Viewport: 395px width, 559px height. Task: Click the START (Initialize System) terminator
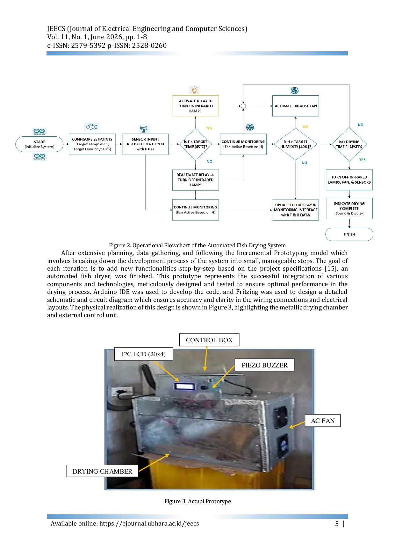click(x=39, y=144)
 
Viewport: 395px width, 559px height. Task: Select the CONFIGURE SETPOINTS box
click(x=92, y=144)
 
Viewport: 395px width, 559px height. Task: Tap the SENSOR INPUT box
click(x=145, y=144)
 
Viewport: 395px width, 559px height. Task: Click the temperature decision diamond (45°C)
click(x=196, y=144)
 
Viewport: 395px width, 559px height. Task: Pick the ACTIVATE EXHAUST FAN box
click(x=296, y=106)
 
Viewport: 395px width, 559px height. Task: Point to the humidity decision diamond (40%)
click(x=296, y=144)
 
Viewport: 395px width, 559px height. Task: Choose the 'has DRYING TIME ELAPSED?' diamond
click(x=349, y=144)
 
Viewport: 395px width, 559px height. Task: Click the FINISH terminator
click(x=349, y=234)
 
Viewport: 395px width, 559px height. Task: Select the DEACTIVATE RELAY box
click(x=196, y=180)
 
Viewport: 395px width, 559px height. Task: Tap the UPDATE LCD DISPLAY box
click(x=296, y=210)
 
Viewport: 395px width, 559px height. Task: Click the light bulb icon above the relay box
click(x=194, y=90)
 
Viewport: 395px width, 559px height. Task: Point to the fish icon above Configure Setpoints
click(x=92, y=127)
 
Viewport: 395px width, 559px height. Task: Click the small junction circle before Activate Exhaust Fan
click(x=243, y=106)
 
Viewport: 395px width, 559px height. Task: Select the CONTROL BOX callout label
click(x=209, y=340)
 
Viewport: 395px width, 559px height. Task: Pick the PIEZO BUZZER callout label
click(x=265, y=365)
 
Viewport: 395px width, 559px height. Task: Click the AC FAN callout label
click(x=323, y=421)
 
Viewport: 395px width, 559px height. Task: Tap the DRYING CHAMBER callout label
click(x=102, y=471)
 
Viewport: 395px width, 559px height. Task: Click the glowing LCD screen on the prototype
click(x=185, y=387)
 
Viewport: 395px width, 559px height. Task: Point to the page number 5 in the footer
click(x=337, y=524)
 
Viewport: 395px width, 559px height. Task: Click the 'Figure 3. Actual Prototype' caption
click(x=197, y=501)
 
